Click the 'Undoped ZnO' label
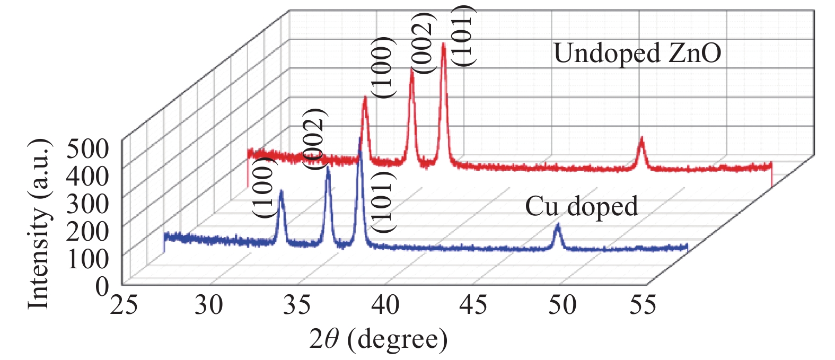click(637, 54)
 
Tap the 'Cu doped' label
click(581, 206)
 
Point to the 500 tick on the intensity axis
click(88, 149)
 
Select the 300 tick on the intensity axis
click(88, 204)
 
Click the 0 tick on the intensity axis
click(102, 287)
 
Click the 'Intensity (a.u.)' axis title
click(40, 224)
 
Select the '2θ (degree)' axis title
click(379, 339)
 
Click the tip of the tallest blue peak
click(360, 139)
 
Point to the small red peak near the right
click(641, 139)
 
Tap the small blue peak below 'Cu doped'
click(558, 226)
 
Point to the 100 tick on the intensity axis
click(88, 259)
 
